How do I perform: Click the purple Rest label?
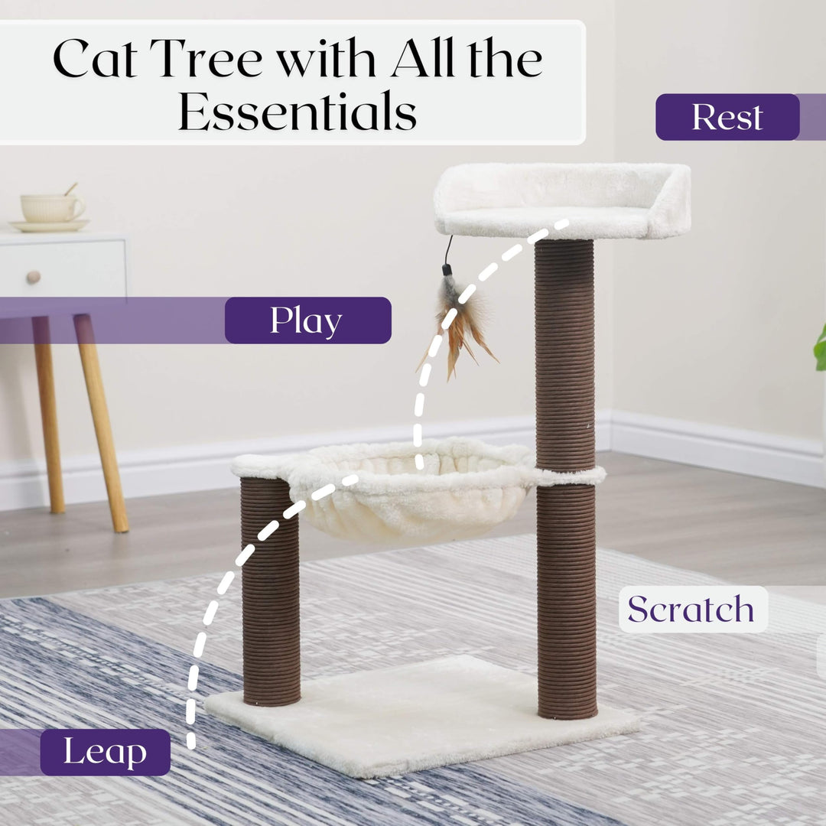click(x=727, y=117)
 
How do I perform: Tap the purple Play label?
click(x=307, y=320)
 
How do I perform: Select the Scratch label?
click(x=693, y=609)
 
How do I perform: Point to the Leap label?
click(x=106, y=752)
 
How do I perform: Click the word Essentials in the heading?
click(x=298, y=111)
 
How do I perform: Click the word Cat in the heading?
click(x=96, y=58)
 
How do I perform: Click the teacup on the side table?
click(x=52, y=206)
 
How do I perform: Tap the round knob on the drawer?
click(x=33, y=277)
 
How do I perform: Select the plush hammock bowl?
click(x=411, y=490)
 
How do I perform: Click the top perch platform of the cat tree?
click(x=562, y=201)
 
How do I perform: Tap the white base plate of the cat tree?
click(x=421, y=717)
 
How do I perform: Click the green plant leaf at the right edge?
click(x=820, y=349)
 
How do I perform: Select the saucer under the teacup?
click(x=49, y=226)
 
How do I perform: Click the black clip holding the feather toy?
click(x=447, y=270)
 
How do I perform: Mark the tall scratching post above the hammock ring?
click(x=564, y=354)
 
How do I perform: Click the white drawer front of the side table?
click(x=63, y=268)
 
